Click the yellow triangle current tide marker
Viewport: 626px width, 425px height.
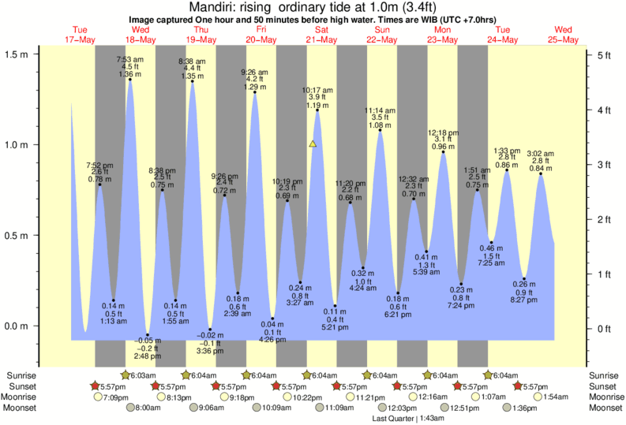tap(313, 144)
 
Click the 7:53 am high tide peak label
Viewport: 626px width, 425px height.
tap(129, 59)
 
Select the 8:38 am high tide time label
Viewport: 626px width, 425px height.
tap(191, 61)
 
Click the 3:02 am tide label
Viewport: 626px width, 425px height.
tap(541, 154)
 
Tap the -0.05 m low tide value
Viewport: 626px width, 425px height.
tap(148, 341)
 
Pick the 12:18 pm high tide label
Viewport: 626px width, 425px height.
tap(443, 133)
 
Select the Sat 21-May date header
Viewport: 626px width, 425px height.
tap(321, 35)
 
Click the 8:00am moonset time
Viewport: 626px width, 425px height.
tap(148, 408)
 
